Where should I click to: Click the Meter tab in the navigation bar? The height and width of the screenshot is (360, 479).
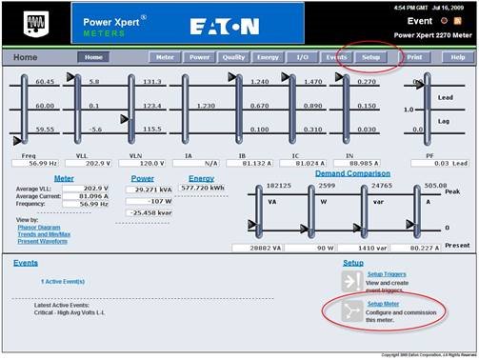tap(165, 57)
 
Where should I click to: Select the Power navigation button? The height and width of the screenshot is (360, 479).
tap(199, 57)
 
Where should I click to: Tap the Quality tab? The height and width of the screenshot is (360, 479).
tap(234, 57)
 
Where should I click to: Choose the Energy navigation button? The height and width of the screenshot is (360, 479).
tap(269, 57)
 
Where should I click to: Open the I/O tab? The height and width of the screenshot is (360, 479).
tap(303, 57)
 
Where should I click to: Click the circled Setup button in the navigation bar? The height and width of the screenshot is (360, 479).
tap(369, 57)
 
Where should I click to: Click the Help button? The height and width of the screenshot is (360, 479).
tap(458, 57)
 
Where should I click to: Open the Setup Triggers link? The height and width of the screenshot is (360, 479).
tap(388, 273)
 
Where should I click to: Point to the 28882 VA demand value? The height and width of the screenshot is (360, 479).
tap(268, 246)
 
